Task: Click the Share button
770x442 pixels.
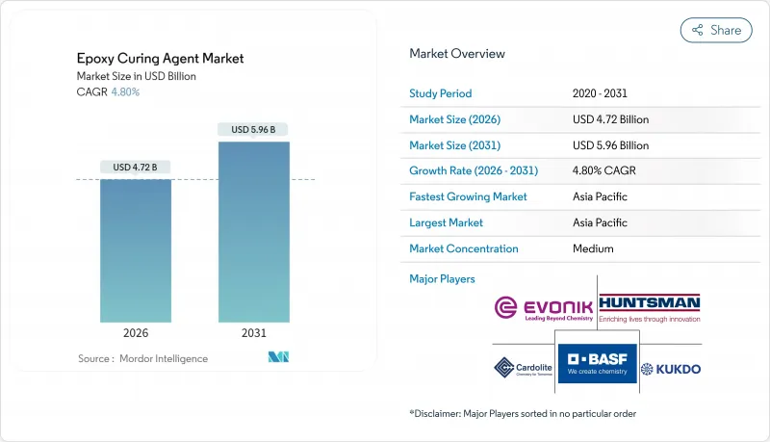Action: [x=716, y=30]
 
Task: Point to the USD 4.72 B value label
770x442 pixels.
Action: [x=136, y=168]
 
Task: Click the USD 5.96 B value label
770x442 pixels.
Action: [x=253, y=129]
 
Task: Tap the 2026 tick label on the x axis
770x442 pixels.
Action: [x=136, y=333]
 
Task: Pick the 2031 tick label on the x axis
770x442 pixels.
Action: [x=253, y=333]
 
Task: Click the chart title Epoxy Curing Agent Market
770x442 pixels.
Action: [x=161, y=59]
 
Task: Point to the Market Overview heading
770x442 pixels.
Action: [x=457, y=54]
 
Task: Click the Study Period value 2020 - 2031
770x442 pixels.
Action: [x=600, y=93]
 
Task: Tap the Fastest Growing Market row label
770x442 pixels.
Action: [x=468, y=196]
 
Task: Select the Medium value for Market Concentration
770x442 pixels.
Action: [x=592, y=248]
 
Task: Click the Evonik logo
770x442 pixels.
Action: [x=544, y=308]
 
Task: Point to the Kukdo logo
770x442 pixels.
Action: [x=672, y=369]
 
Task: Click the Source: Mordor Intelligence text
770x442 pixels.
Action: [x=142, y=359]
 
